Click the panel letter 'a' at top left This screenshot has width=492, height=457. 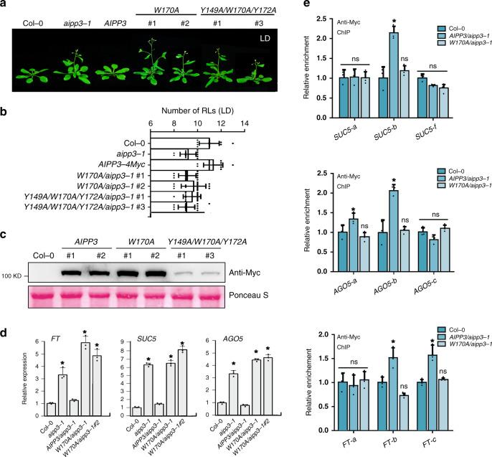click(5, 6)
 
